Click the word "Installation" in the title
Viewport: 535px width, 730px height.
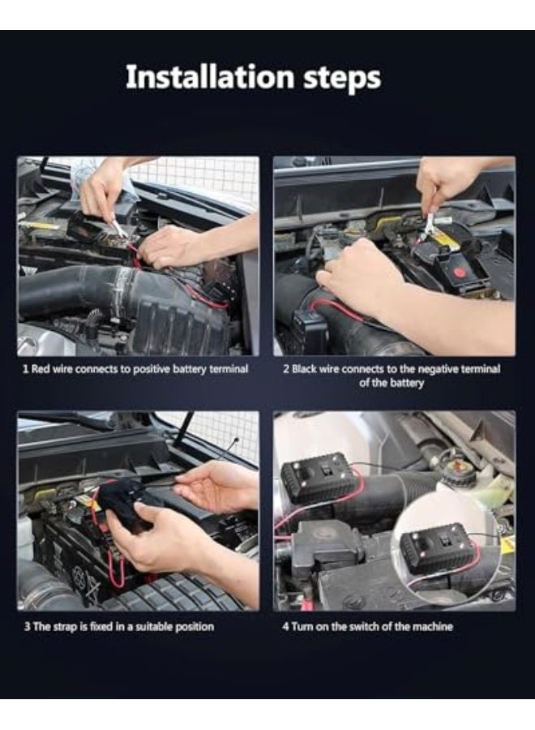click(x=210, y=77)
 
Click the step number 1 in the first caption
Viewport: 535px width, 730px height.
click(x=26, y=369)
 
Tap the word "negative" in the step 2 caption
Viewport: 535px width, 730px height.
click(x=437, y=370)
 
